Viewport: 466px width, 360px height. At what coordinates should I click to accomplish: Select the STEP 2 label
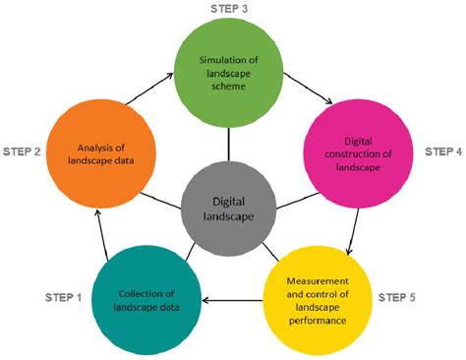[27, 153]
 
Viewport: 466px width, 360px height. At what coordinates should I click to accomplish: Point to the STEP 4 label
[439, 152]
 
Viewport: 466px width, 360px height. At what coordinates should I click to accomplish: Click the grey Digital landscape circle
[227, 208]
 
